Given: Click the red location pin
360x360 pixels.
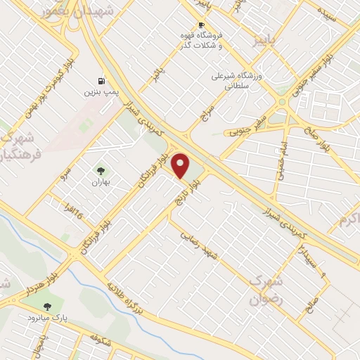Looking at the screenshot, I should tap(181, 166).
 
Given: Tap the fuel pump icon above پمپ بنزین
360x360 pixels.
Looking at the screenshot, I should tap(102, 81).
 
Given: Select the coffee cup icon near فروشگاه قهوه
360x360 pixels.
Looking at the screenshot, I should tap(201, 25).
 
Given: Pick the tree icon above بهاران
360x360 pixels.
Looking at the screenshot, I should tap(101, 170).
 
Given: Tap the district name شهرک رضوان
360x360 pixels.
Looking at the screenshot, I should tap(266, 289).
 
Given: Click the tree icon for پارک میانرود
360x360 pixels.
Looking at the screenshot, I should tap(47, 307).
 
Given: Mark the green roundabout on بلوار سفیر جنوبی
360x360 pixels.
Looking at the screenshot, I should tap(283, 102).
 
